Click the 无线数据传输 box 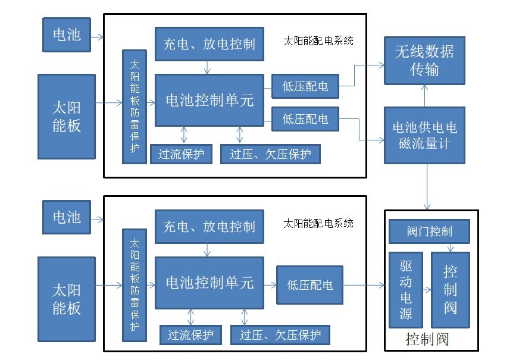424,60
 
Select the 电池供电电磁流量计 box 424,135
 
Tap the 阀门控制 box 429,231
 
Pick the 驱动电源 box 405,290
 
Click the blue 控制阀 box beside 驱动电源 450,290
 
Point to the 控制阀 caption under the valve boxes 427,340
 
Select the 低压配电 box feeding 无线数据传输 305,86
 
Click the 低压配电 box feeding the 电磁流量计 305,119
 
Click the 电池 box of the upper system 67,35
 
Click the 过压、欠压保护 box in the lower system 280,335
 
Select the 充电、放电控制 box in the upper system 208,43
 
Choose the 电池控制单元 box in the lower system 209,282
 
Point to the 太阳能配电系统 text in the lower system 318,223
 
